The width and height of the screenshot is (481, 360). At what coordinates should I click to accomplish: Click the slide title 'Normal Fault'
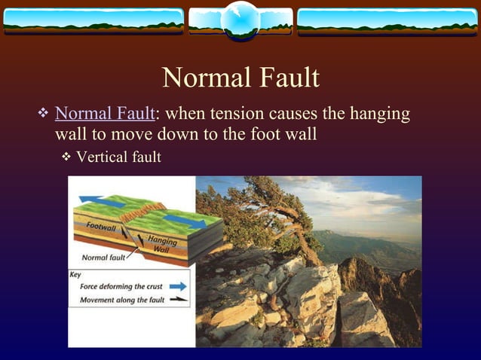240,78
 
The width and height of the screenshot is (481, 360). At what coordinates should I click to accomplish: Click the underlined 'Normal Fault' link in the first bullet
104,114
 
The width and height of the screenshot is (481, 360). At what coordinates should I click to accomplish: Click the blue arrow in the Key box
176,286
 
